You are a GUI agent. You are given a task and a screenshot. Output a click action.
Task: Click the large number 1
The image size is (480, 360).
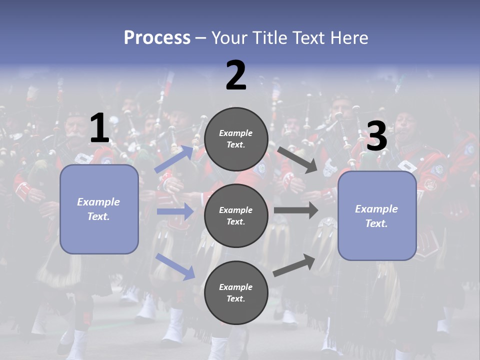click(x=99, y=128)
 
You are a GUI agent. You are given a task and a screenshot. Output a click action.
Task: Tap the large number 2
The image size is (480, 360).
click(x=236, y=75)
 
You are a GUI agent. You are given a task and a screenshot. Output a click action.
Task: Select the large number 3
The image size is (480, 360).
click(x=376, y=136)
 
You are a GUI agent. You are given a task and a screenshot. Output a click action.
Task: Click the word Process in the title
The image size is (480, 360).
click(x=157, y=37)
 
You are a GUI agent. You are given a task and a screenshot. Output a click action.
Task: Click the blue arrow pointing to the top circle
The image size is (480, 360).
click(x=174, y=159)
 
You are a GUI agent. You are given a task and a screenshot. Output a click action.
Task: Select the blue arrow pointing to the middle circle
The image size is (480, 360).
click(x=175, y=211)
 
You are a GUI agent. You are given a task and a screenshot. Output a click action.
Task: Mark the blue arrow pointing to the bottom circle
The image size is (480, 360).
click(x=175, y=266)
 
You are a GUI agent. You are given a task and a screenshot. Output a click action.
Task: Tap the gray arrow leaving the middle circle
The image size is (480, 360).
click(x=296, y=210)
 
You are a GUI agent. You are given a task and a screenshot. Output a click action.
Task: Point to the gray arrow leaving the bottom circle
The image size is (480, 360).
click(x=294, y=265)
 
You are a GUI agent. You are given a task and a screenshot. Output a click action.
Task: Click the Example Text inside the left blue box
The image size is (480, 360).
click(x=98, y=209)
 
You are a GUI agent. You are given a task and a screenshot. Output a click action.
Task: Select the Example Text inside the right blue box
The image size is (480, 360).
click(x=376, y=216)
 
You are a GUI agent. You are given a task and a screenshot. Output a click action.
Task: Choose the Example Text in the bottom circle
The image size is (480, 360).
click(x=236, y=292)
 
